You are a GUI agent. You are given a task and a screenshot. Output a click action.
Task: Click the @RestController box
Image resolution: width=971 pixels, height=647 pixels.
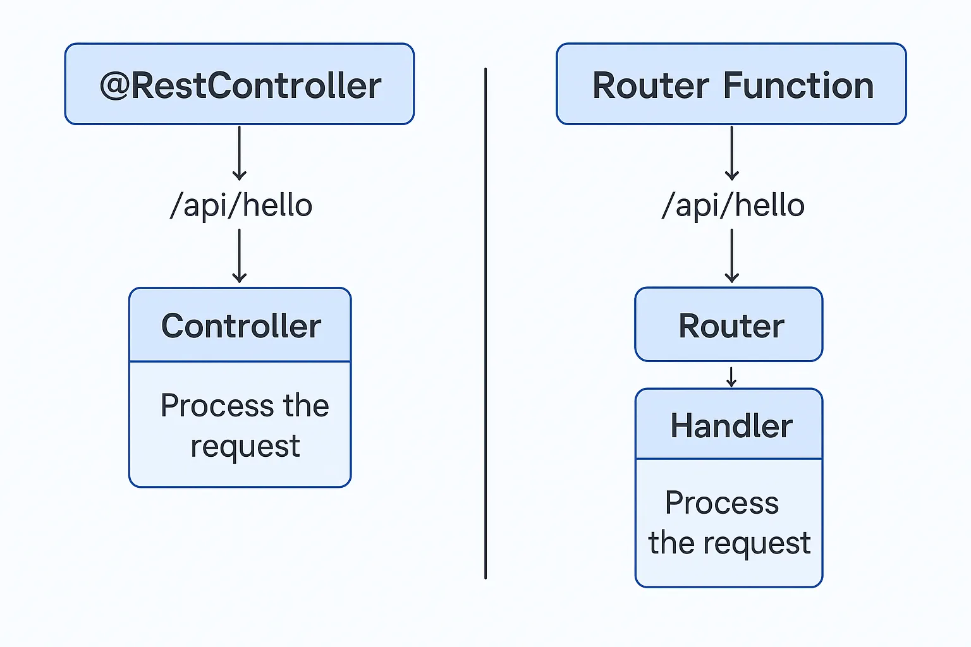pos(240,84)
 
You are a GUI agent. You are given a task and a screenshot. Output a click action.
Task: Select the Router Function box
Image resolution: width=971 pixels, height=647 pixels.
pos(731,84)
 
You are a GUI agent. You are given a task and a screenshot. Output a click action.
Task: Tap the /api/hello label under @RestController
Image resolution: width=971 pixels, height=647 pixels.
pos(241,205)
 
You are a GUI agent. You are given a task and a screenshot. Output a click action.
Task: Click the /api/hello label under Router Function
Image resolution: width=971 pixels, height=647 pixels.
pos(733,205)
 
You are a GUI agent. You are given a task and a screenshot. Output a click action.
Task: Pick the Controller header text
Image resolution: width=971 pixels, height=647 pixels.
pos(241,326)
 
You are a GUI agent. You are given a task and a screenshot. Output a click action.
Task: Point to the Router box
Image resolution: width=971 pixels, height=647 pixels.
pos(729,324)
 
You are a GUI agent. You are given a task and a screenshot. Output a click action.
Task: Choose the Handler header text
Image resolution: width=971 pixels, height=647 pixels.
pos(731,426)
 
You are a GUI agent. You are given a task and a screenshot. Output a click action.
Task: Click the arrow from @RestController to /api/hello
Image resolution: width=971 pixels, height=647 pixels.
pos(240,153)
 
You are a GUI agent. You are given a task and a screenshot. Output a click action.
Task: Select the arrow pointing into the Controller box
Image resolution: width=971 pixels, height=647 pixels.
pos(240,256)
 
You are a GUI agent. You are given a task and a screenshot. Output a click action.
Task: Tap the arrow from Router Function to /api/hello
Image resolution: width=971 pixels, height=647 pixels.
pos(731,153)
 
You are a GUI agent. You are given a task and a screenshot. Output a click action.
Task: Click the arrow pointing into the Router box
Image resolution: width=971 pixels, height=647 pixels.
pos(731,256)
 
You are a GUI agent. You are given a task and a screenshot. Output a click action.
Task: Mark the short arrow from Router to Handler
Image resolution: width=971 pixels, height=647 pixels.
pos(731,377)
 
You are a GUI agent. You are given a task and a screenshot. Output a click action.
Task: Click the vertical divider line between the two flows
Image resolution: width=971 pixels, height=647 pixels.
pos(485,323)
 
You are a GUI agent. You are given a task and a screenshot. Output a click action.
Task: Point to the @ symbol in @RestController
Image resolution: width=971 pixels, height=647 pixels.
pos(114,86)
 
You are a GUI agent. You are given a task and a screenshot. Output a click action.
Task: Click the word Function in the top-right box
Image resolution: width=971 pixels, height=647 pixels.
pos(798,85)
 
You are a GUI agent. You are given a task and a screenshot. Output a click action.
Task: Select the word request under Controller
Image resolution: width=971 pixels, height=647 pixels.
pos(245,446)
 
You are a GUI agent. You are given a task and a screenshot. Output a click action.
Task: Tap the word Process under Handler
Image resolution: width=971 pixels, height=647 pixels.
pos(722,503)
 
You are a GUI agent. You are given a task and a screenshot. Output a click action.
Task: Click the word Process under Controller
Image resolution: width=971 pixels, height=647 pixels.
pos(217,406)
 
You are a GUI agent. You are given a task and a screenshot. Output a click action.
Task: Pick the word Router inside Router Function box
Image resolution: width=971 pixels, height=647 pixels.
pos(650,85)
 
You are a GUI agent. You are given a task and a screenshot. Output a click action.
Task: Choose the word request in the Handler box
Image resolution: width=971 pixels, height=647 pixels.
pos(757,543)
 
